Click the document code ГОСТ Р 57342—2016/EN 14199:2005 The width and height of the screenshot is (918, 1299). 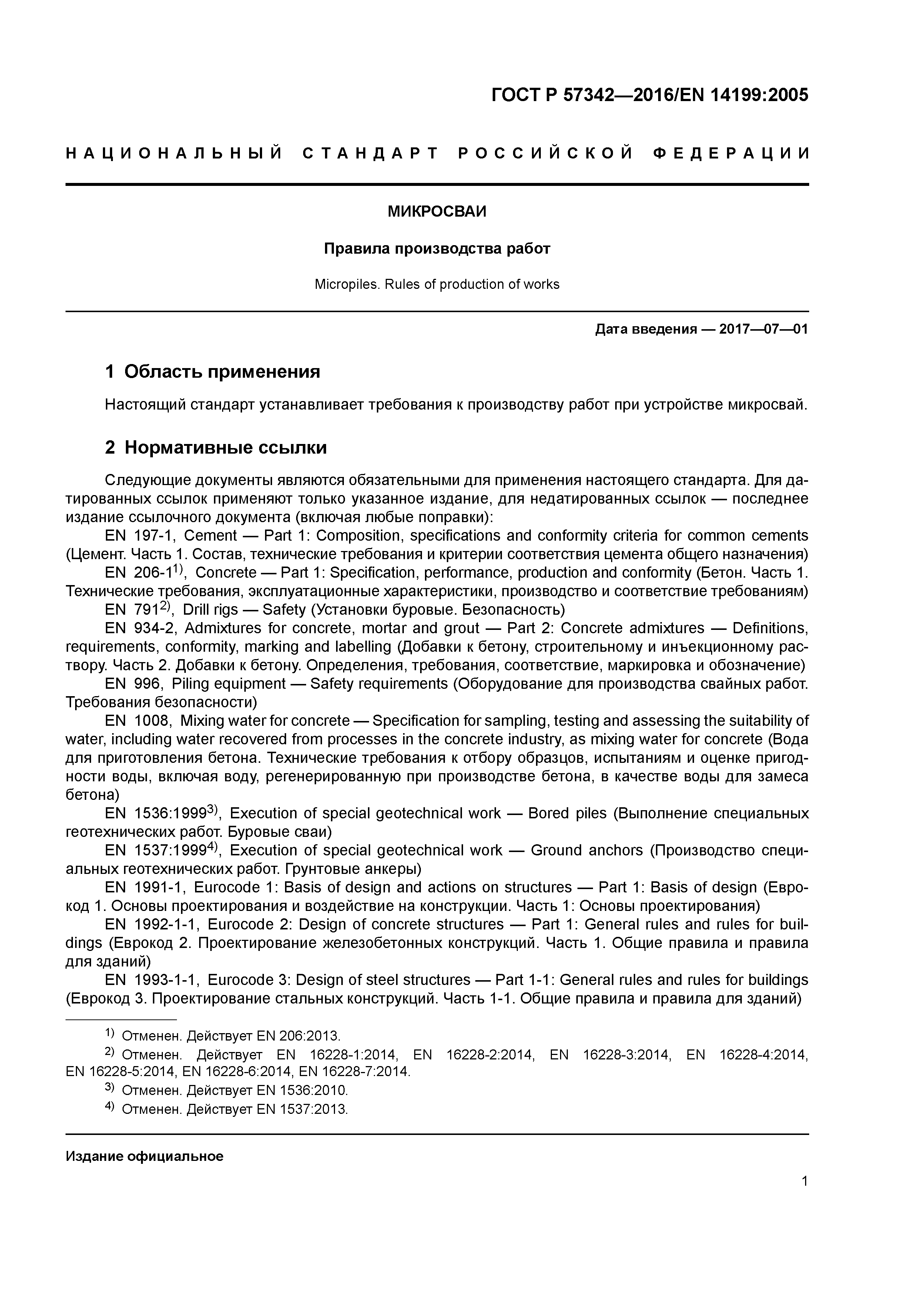649,95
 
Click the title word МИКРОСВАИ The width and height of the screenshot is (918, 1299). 437,211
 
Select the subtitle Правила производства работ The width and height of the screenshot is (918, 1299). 437,249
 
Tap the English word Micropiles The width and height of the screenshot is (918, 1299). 347,285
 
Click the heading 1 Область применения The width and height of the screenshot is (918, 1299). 213,372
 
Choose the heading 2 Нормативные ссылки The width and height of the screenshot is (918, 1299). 216,448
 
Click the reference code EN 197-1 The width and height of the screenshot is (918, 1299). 140,536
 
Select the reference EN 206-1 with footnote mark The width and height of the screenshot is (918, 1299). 145,572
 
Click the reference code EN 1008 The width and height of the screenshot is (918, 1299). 137,721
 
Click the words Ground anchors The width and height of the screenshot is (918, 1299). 587,851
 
